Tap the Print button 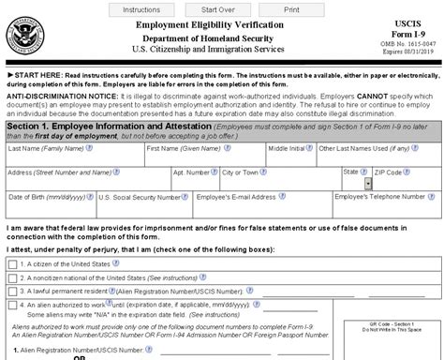[x=291, y=9]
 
